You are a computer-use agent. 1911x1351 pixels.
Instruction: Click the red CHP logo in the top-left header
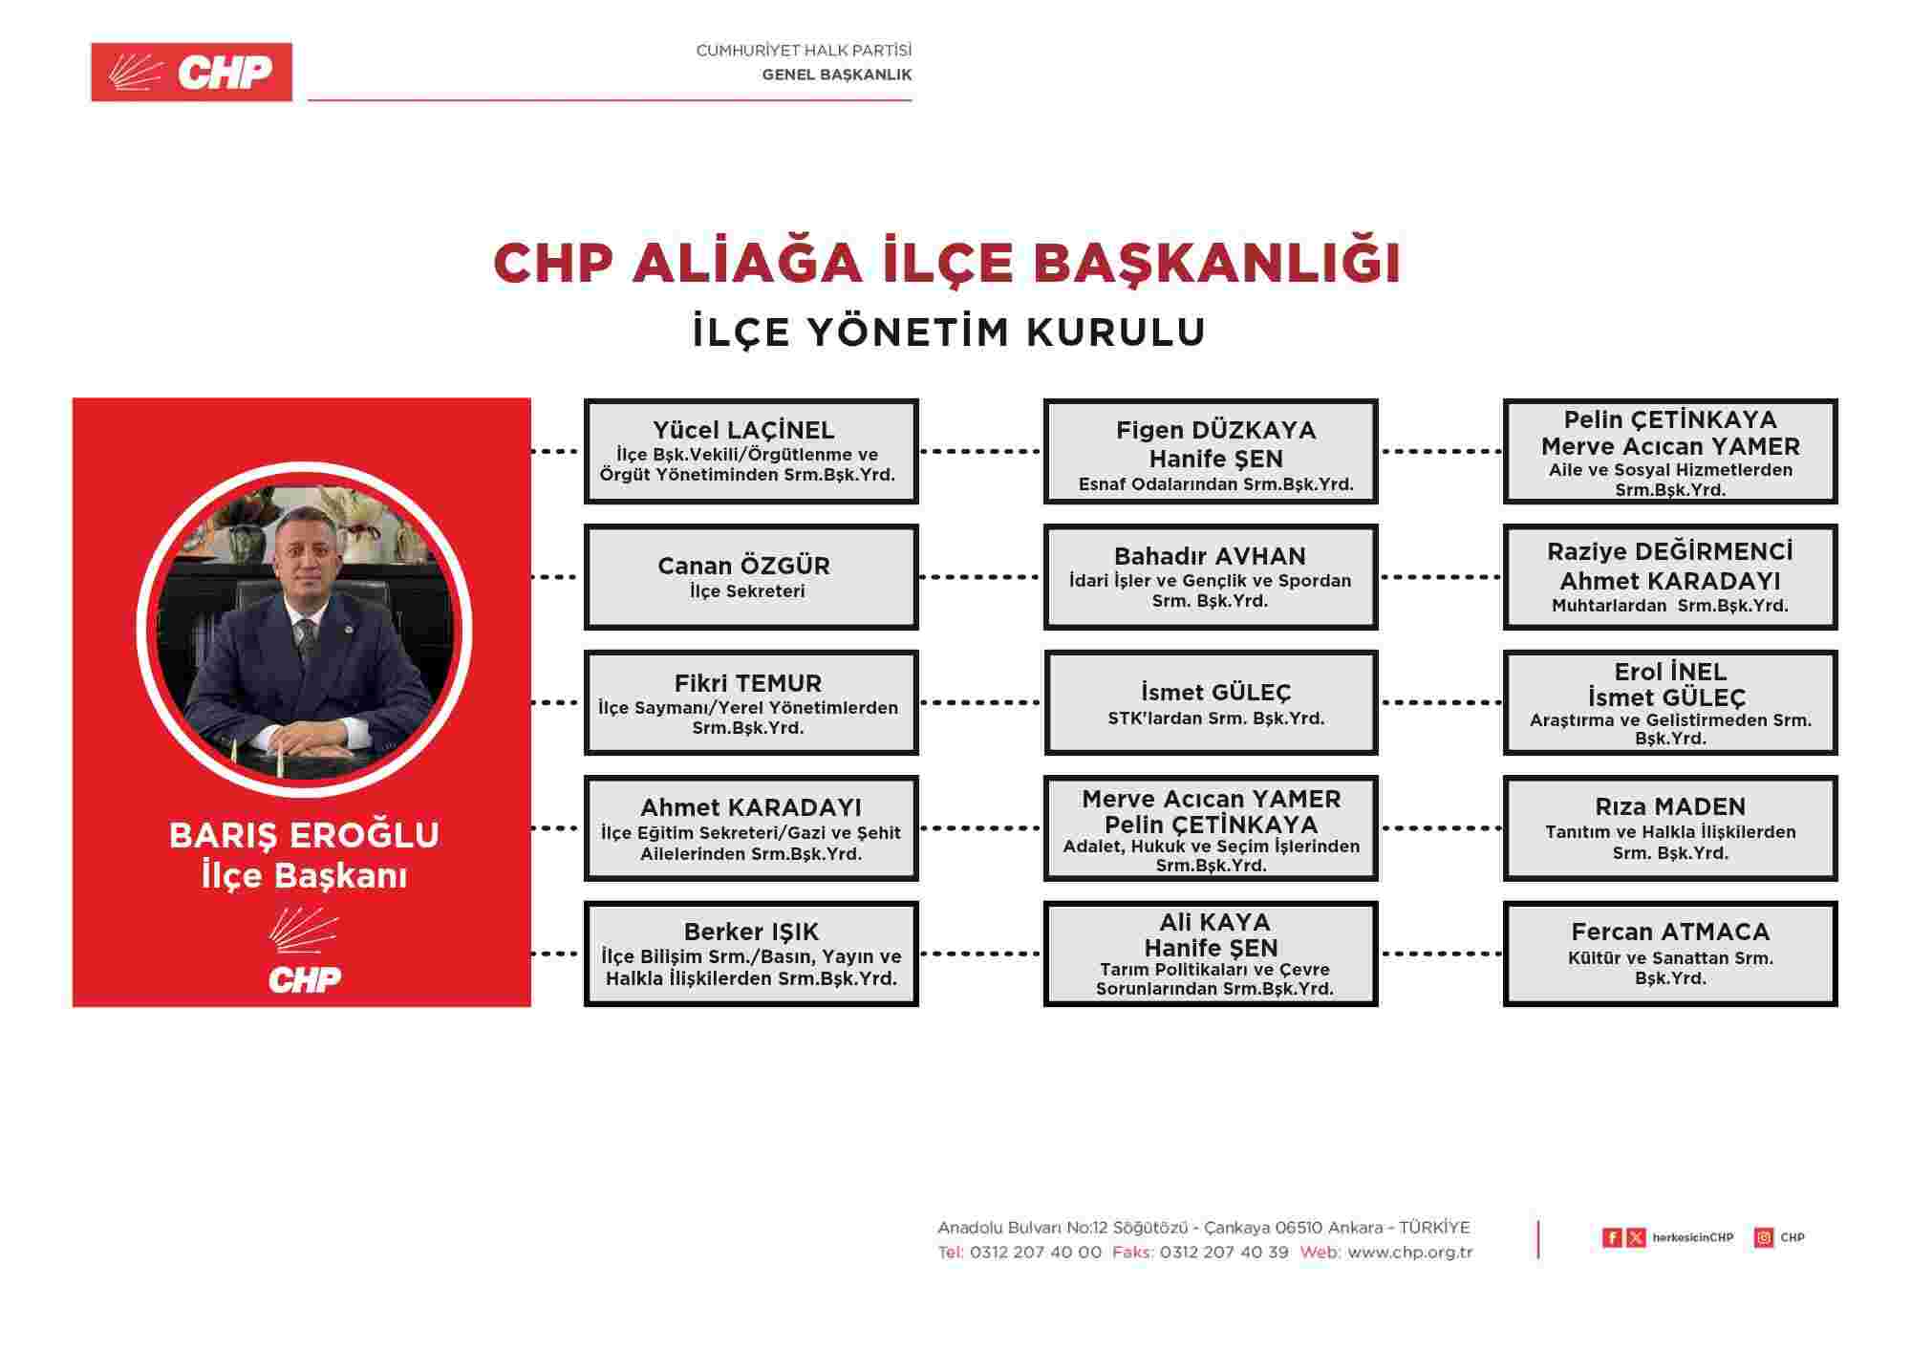pos(191,72)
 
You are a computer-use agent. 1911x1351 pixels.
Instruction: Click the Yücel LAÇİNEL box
pos(751,451)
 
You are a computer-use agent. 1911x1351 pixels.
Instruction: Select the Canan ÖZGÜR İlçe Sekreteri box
pos(751,576)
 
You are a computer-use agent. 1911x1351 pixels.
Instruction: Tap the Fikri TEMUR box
pos(751,702)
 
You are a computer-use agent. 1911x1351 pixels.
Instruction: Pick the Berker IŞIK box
pos(751,954)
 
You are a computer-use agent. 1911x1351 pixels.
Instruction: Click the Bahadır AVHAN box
pos(1210,576)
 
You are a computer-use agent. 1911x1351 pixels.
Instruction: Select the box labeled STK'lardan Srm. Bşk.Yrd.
pos(1210,702)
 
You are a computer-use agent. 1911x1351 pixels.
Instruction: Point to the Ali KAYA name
pos(1214,922)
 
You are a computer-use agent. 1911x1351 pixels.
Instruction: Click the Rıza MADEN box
pos(1669,827)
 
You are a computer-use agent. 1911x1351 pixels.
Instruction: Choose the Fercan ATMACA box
pos(1669,954)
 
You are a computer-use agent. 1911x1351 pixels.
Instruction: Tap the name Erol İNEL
pos(1670,672)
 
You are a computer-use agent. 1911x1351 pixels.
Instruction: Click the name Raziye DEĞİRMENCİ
pos(1669,551)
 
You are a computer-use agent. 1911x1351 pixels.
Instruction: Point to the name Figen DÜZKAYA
pos(1215,430)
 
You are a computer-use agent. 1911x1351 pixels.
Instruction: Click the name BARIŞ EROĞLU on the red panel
pos(304,835)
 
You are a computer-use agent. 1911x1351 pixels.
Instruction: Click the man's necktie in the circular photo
pos(306,636)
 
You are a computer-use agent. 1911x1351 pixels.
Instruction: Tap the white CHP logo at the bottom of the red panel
pos(304,955)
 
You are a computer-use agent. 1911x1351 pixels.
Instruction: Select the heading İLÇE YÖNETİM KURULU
pos(949,332)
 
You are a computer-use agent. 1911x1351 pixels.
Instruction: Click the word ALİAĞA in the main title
pos(746,263)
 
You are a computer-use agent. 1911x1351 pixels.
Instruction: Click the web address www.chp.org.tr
pos(1409,1253)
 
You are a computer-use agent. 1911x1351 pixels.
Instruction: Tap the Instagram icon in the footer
pos(1764,1237)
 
